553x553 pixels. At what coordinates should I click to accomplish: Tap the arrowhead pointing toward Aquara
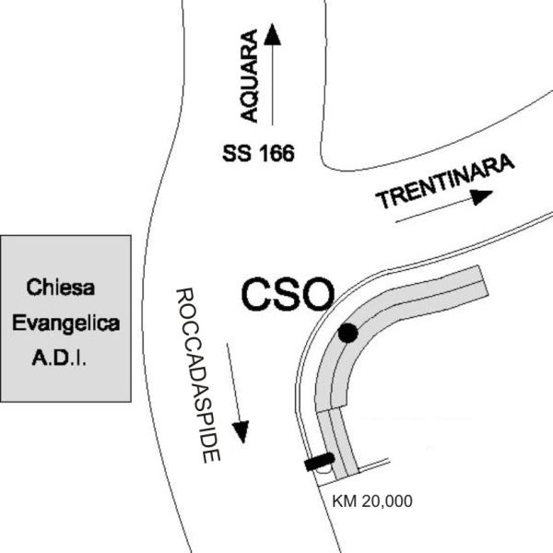pos(272,34)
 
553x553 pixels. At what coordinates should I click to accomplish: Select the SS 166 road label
pos(257,154)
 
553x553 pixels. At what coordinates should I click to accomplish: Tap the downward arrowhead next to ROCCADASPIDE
pos(241,430)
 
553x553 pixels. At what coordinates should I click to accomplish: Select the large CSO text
pos(287,295)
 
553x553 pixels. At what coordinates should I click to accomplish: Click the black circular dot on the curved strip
pos(347,334)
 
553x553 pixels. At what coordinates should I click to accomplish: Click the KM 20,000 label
pos(371,501)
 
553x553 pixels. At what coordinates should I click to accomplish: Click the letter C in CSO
pos(256,295)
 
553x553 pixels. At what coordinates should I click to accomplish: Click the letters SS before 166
pos(235,154)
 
